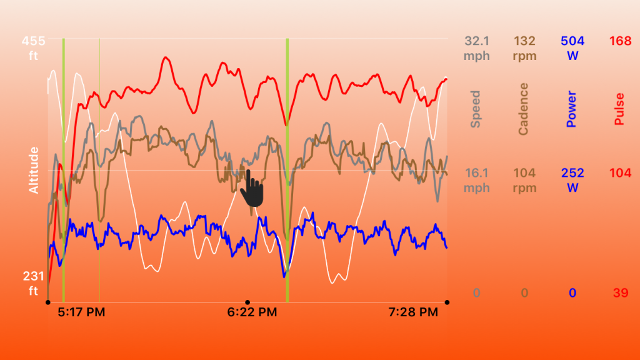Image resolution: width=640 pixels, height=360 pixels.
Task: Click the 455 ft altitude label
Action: pyautogui.click(x=33, y=47)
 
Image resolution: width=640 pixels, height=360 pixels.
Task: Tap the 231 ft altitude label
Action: pyautogui.click(x=33, y=283)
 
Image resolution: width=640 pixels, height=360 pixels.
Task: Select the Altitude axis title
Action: pyautogui.click(x=34, y=170)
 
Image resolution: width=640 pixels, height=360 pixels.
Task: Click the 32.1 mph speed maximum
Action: pyautogui.click(x=476, y=47)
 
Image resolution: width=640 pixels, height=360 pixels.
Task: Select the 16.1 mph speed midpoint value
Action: pyautogui.click(x=476, y=180)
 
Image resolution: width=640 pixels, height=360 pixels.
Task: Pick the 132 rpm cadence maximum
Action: pyautogui.click(x=524, y=47)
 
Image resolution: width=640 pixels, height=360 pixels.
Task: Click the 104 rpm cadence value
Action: pyautogui.click(x=524, y=180)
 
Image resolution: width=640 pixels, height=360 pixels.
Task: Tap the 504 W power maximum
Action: pyautogui.click(x=572, y=47)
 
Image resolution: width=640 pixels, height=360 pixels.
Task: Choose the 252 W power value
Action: pyautogui.click(x=572, y=180)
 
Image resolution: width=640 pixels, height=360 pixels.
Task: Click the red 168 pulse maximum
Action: pyautogui.click(x=619, y=41)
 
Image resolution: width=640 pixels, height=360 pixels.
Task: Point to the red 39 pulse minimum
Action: pyautogui.click(x=621, y=293)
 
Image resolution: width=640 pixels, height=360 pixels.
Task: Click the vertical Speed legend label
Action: pyautogui.click(x=476, y=109)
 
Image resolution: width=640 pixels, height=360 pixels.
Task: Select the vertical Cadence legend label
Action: pyautogui.click(x=524, y=109)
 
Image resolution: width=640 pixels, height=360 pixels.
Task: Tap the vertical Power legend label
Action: pyautogui.click(x=571, y=109)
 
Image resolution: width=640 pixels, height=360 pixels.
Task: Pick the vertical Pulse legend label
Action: pyautogui.click(x=619, y=109)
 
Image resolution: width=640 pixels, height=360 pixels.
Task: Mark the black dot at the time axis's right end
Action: pyautogui.click(x=447, y=302)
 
